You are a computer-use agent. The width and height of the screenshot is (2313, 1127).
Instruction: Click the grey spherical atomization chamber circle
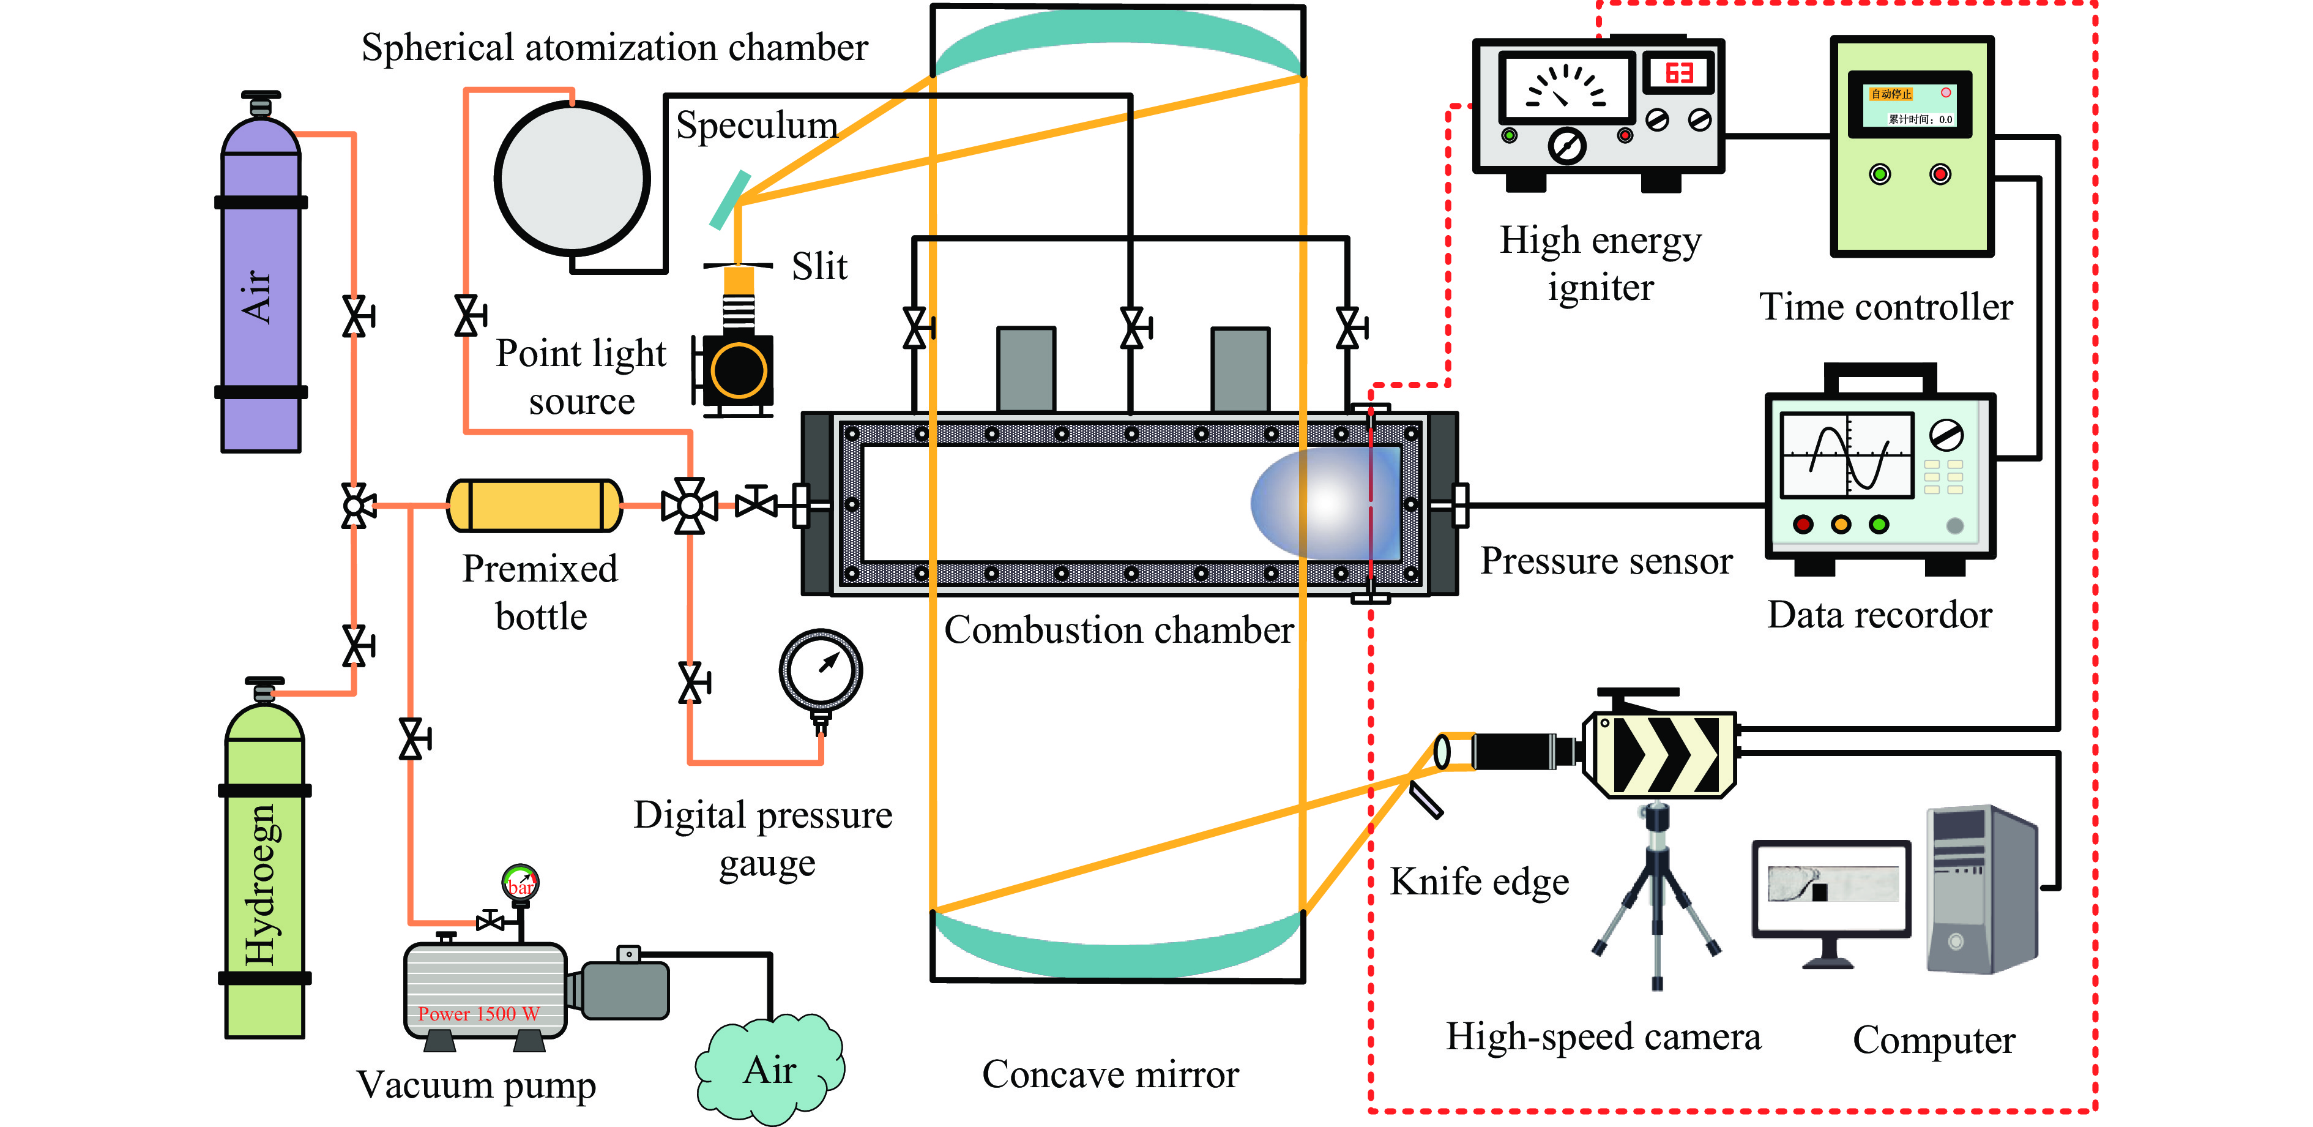click(x=572, y=178)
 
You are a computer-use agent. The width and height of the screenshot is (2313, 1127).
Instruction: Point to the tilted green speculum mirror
click(x=729, y=200)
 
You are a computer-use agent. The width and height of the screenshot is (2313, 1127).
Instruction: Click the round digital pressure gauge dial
click(x=821, y=670)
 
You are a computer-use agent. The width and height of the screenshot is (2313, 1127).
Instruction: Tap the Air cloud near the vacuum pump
click(x=770, y=1071)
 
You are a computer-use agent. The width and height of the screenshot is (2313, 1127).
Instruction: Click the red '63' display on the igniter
click(x=1678, y=73)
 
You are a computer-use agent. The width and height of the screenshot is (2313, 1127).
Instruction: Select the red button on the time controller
click(x=1940, y=174)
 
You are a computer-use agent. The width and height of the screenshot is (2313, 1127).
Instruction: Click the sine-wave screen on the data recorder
click(x=1846, y=455)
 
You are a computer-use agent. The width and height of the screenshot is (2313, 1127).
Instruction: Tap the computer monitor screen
click(x=1831, y=885)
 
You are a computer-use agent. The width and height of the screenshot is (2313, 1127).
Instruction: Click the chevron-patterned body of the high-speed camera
click(x=1665, y=754)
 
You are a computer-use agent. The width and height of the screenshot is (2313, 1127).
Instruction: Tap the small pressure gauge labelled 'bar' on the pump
click(x=520, y=882)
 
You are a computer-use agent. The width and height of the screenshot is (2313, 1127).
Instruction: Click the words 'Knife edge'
click(x=1479, y=882)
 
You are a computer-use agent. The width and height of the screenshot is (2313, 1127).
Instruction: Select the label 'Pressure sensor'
click(x=1606, y=561)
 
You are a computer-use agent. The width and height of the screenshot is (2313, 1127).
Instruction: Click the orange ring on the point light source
click(x=738, y=370)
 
